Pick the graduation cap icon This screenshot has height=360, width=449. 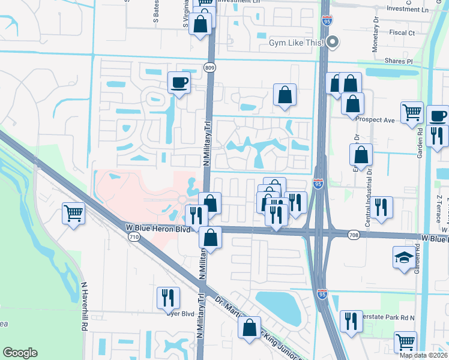404,256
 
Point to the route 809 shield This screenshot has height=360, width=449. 209,68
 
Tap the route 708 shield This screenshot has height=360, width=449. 354,235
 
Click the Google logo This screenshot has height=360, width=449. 20,353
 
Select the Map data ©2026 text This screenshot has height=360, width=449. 423,355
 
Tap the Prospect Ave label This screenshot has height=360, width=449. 375,120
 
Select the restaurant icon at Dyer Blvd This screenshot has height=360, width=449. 167,298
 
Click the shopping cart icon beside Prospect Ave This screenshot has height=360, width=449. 412,112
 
